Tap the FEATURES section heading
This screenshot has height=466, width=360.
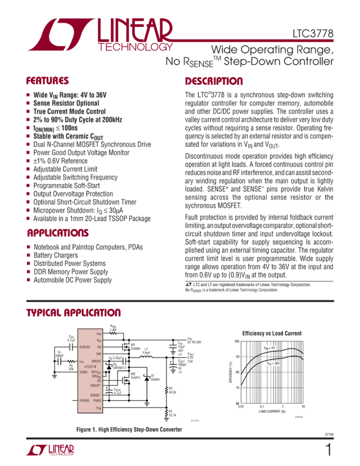[x=47, y=81]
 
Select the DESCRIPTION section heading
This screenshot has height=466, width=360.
[x=214, y=82]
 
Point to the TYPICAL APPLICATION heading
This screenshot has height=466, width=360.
[x=74, y=313]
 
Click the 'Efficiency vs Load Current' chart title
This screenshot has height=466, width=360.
[x=272, y=333]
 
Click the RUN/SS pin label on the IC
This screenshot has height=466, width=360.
[x=85, y=347]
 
